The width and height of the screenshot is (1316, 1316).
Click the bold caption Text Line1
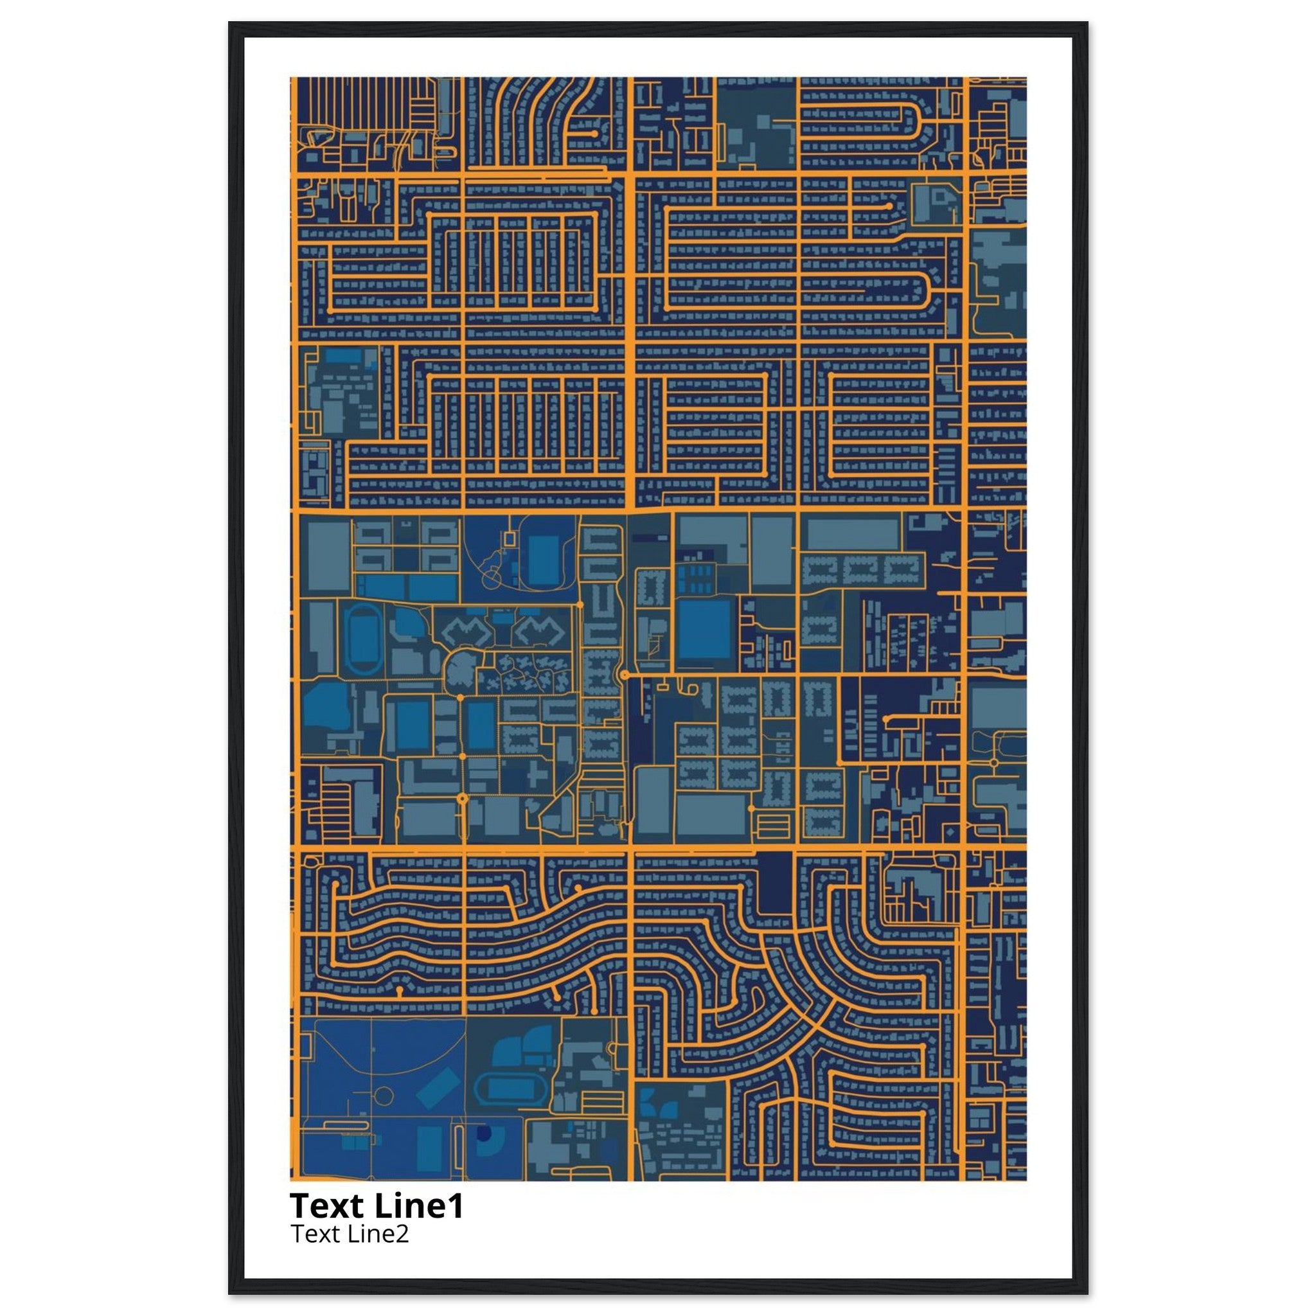[x=377, y=1205]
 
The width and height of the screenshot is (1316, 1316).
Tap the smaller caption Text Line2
[x=350, y=1234]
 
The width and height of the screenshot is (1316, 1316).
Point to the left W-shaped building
[x=467, y=632]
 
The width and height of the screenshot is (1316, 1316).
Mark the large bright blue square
[x=704, y=630]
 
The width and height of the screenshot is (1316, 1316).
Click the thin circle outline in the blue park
[x=384, y=1096]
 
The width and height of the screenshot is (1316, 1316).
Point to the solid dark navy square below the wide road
[x=775, y=884]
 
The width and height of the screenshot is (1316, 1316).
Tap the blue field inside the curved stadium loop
[x=543, y=560]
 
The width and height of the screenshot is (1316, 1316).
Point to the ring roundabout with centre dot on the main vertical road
[x=624, y=674]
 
